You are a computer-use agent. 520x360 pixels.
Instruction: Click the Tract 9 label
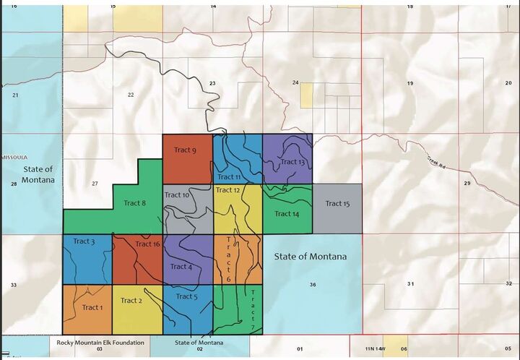coord(184,150)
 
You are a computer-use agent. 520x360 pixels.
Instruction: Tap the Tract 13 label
coord(292,161)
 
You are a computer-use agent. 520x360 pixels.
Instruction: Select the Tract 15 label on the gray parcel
coord(337,203)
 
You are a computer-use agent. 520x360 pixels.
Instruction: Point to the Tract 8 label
coord(135,203)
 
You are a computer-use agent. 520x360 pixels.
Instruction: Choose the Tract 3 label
coord(83,241)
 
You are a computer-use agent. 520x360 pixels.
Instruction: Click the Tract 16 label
coord(147,244)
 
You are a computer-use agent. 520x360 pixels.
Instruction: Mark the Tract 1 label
coord(92,307)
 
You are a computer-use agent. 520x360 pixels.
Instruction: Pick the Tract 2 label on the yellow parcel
coord(131,301)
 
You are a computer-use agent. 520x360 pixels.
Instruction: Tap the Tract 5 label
coord(186,296)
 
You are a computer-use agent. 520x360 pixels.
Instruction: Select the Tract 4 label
coord(181,266)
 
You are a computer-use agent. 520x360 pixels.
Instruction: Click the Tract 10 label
coord(177,194)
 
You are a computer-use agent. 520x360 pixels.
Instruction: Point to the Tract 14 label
coord(286,213)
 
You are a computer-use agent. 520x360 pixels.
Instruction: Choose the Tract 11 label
coord(229,176)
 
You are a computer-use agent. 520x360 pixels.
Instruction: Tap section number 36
coord(313,285)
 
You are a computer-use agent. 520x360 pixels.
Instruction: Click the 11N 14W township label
coord(377,348)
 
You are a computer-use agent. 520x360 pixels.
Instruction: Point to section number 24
coord(295,82)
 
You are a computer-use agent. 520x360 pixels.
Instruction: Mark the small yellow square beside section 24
coord(307,95)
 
